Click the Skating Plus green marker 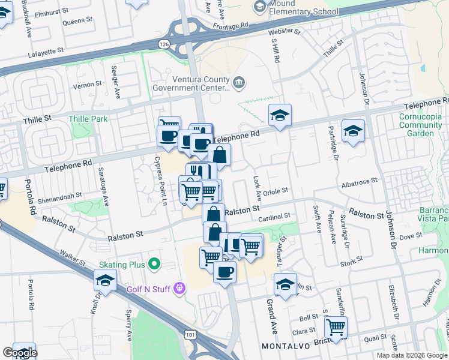tap(154, 263)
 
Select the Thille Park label tap(88, 119)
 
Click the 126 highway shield tap(163, 44)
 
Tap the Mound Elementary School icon tap(260, 7)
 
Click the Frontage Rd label tap(231, 26)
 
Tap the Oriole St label tap(276, 191)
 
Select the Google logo tap(20, 353)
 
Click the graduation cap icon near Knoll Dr tap(105, 280)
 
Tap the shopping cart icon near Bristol tap(336, 327)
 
